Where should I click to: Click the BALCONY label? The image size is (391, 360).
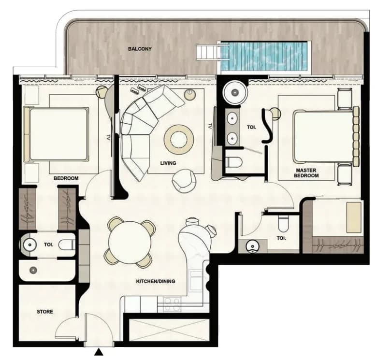pos(140,49)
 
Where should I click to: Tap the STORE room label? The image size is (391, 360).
pos(45,312)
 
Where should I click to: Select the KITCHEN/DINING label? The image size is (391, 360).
pos(156,281)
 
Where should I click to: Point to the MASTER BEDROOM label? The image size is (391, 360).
pos(306,173)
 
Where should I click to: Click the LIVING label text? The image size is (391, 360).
pos(168,163)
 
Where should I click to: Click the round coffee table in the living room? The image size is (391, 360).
pos(178,139)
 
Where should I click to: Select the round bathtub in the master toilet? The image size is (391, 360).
pos(235,92)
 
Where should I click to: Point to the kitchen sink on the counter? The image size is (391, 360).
pos(197,281)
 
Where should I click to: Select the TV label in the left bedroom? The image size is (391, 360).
pos(108,137)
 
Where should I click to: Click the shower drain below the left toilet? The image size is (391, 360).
pos(33,270)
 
